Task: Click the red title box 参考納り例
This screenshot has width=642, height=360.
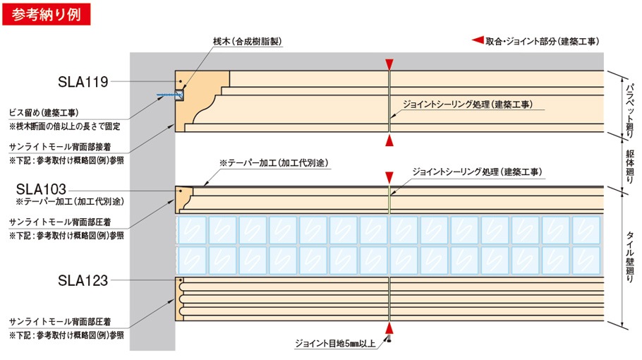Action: (x=47, y=14)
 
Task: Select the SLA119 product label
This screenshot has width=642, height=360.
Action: (x=83, y=82)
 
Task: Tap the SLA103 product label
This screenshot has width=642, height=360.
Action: (x=41, y=189)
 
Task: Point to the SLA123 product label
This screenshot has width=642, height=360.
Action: (x=83, y=280)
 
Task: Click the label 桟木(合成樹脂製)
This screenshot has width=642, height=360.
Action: (x=248, y=42)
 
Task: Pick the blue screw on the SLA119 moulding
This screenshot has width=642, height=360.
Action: (x=169, y=95)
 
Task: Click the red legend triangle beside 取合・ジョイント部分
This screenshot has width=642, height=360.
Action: (x=478, y=40)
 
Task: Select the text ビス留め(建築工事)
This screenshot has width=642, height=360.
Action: (x=44, y=113)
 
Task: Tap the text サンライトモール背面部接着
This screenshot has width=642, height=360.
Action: (x=60, y=147)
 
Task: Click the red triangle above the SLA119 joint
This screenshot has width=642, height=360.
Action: (x=389, y=65)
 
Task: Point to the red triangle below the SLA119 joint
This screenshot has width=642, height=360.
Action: (x=389, y=140)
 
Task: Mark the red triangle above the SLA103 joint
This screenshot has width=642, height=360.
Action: (x=389, y=178)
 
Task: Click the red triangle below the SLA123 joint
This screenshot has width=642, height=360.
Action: (x=389, y=328)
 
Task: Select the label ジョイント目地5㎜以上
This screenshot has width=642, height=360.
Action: (x=335, y=343)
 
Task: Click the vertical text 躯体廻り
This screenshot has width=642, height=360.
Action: (x=630, y=167)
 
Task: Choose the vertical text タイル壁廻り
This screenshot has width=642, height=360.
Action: (x=630, y=257)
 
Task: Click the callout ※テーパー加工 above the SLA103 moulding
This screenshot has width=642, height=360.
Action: (x=274, y=163)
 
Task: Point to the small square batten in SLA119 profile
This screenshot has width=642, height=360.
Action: (x=179, y=95)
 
